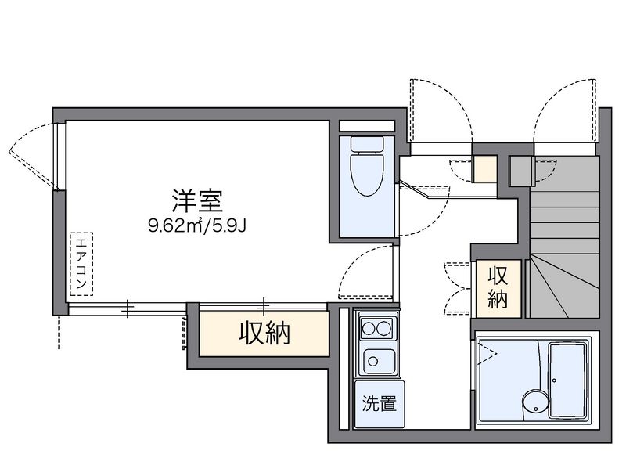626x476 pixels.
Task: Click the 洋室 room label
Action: tap(197, 200)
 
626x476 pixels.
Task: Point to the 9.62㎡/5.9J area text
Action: tap(197, 226)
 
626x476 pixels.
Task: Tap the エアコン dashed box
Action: tap(81, 264)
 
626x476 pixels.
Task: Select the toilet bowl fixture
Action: tap(366, 174)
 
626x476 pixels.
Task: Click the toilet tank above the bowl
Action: tap(366, 144)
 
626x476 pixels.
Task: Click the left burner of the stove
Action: tap(368, 328)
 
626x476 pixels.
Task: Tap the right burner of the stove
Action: tap(384, 328)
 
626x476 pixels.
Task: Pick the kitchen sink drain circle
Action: tap(373, 362)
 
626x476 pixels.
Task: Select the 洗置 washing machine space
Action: tap(379, 404)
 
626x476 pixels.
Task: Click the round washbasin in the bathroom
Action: tap(535, 405)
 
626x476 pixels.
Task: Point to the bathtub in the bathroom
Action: tap(567, 380)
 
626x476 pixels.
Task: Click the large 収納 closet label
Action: tap(264, 334)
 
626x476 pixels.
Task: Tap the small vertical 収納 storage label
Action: tap(498, 287)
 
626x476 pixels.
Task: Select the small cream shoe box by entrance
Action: tap(484, 169)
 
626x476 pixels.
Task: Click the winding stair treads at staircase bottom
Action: tap(563, 287)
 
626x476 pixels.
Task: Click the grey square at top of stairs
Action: tap(522, 171)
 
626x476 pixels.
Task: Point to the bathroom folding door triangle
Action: tap(486, 353)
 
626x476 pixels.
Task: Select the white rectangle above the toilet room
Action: tap(366, 125)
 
